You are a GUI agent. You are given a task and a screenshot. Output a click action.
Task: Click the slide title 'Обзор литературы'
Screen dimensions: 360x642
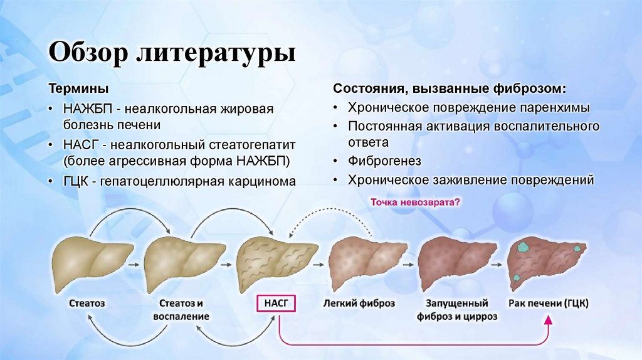tap(172, 52)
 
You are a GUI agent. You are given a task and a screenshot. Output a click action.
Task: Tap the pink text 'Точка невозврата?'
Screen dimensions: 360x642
tap(416, 203)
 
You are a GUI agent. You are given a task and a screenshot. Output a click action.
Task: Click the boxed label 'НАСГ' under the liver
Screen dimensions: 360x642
tap(275, 304)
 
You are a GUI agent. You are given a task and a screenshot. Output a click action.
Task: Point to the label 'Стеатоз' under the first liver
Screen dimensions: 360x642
tap(87, 304)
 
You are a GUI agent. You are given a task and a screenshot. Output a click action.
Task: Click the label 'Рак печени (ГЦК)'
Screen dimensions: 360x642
tap(549, 304)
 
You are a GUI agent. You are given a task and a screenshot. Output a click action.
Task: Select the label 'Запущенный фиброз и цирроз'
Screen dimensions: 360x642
tap(457, 310)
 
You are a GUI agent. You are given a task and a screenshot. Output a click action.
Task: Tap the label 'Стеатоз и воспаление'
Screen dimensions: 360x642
tap(181, 310)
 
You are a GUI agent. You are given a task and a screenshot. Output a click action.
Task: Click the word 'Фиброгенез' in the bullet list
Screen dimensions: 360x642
tap(385, 161)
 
